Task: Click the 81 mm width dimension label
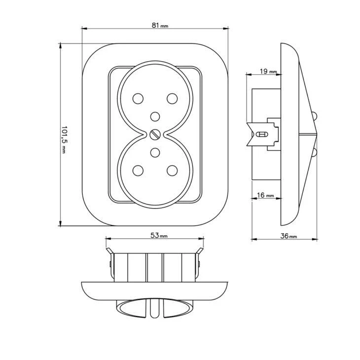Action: pyautogui.click(x=160, y=25)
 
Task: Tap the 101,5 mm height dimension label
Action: pyautogui.click(x=64, y=140)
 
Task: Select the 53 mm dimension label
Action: pyautogui.click(x=159, y=235)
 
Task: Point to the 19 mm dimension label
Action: pyautogui.click(x=268, y=72)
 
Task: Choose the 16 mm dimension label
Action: pyautogui.click(x=265, y=195)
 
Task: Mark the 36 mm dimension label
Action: pyautogui.click(x=288, y=236)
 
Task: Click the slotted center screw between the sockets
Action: pyautogui.click(x=155, y=135)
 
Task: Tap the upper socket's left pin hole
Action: pyautogui.click(x=138, y=99)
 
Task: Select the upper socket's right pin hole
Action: pyautogui.click(x=172, y=99)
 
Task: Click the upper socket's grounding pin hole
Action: pyautogui.click(x=155, y=117)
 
